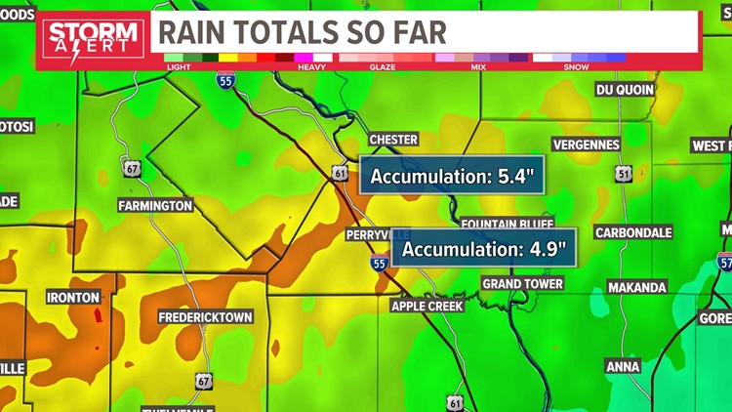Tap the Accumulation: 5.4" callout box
[451, 177]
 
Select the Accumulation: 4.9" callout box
[483, 249]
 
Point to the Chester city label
[392, 140]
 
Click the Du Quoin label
[625, 90]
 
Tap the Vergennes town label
[586, 144]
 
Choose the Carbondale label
[633, 233]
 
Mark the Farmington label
[155, 206]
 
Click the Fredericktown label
[206, 317]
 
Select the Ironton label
[72, 297]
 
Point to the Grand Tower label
[522, 284]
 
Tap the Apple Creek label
[427, 306]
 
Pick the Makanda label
[636, 288]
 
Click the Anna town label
[623, 367]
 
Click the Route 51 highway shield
[624, 174]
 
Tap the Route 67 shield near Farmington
[132, 168]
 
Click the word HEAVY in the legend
[312, 67]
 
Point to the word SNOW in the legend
[577, 67]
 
